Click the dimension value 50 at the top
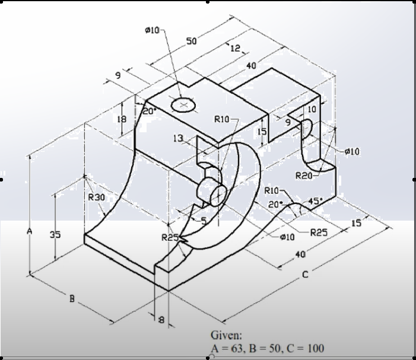tap(192, 41)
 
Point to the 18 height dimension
tap(123, 119)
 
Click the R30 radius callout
tap(96, 197)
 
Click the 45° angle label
tap(312, 200)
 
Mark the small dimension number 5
tap(203, 221)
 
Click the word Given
tap(226, 335)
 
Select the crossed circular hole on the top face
tap(183, 105)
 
